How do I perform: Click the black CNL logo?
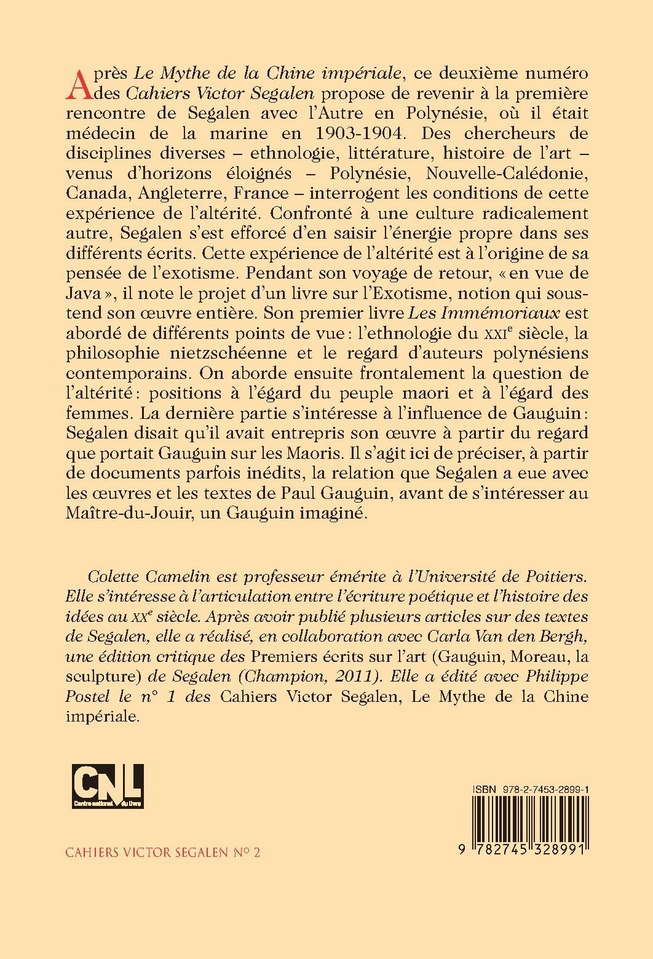107,786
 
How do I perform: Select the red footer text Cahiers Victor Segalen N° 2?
163,853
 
